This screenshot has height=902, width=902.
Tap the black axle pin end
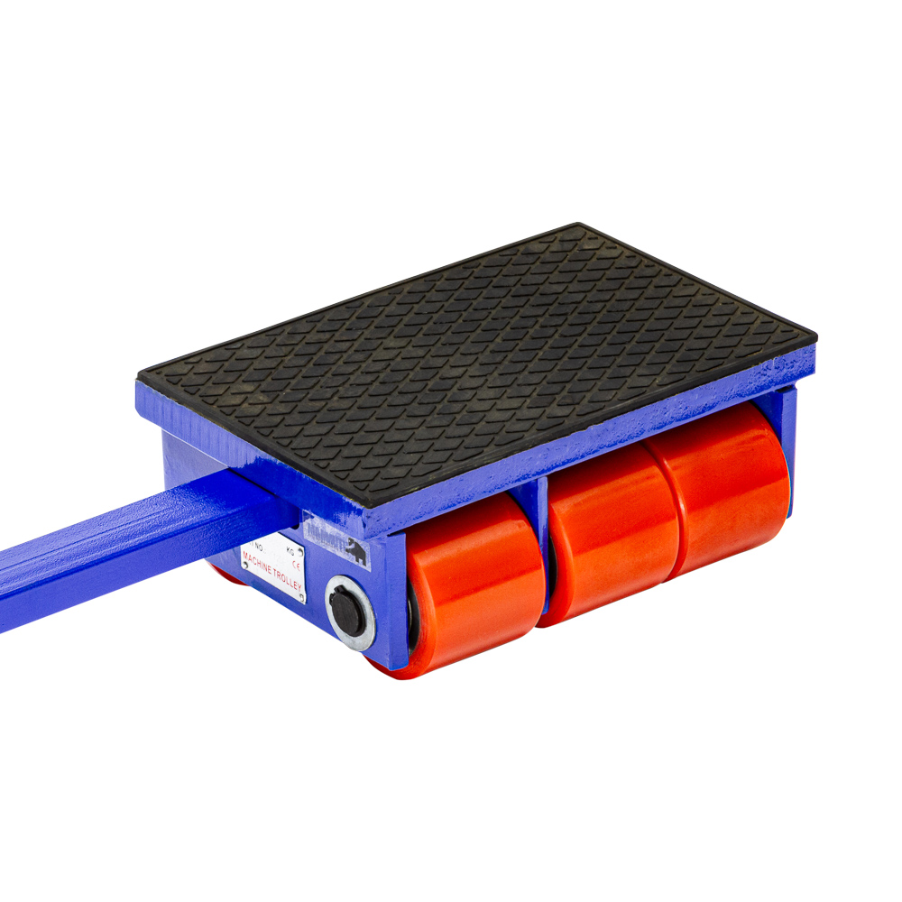pos(346,611)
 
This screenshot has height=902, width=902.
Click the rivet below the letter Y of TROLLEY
pos(301,595)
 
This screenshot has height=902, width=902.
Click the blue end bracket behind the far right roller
pos(787,433)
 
